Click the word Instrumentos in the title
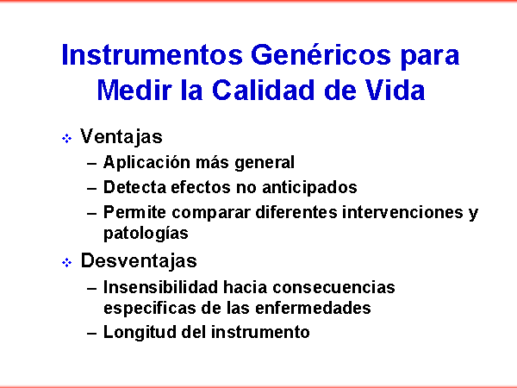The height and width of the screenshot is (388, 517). coord(152,55)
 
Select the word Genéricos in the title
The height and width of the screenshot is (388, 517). coord(321,54)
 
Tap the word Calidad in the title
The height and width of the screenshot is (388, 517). coord(263,90)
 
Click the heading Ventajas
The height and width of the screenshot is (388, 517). coord(121,136)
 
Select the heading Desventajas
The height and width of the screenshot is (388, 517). coord(139,260)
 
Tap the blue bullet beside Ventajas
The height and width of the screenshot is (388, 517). coord(66,138)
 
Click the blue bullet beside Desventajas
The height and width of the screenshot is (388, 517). coord(66,263)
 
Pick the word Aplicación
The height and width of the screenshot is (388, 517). coord(146,163)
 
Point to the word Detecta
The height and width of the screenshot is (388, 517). coord(134,187)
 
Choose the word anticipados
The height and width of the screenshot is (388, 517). coord(309,188)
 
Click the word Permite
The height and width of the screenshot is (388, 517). coord(134,212)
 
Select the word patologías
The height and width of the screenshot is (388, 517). coord(146,234)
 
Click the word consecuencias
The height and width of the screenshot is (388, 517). coord(333,287)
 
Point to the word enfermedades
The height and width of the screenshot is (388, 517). coord(313,308)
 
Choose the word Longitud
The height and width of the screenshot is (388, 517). coord(140,332)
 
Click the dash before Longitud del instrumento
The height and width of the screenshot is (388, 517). coord(92,333)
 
